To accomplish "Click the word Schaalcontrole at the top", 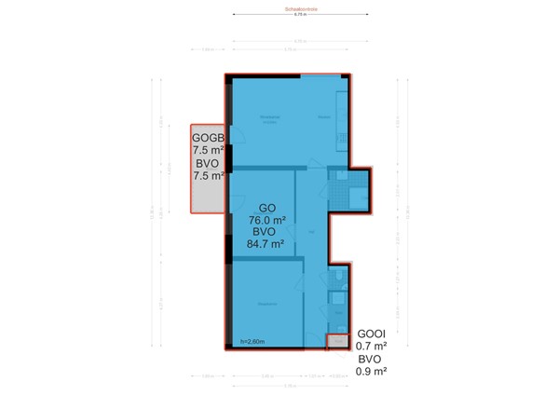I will point(299,10).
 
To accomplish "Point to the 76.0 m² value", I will point(265,220).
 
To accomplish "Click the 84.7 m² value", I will point(265,244).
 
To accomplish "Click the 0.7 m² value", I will point(372,347).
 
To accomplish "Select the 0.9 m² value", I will point(372,371).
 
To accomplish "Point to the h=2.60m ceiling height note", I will point(252,341).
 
